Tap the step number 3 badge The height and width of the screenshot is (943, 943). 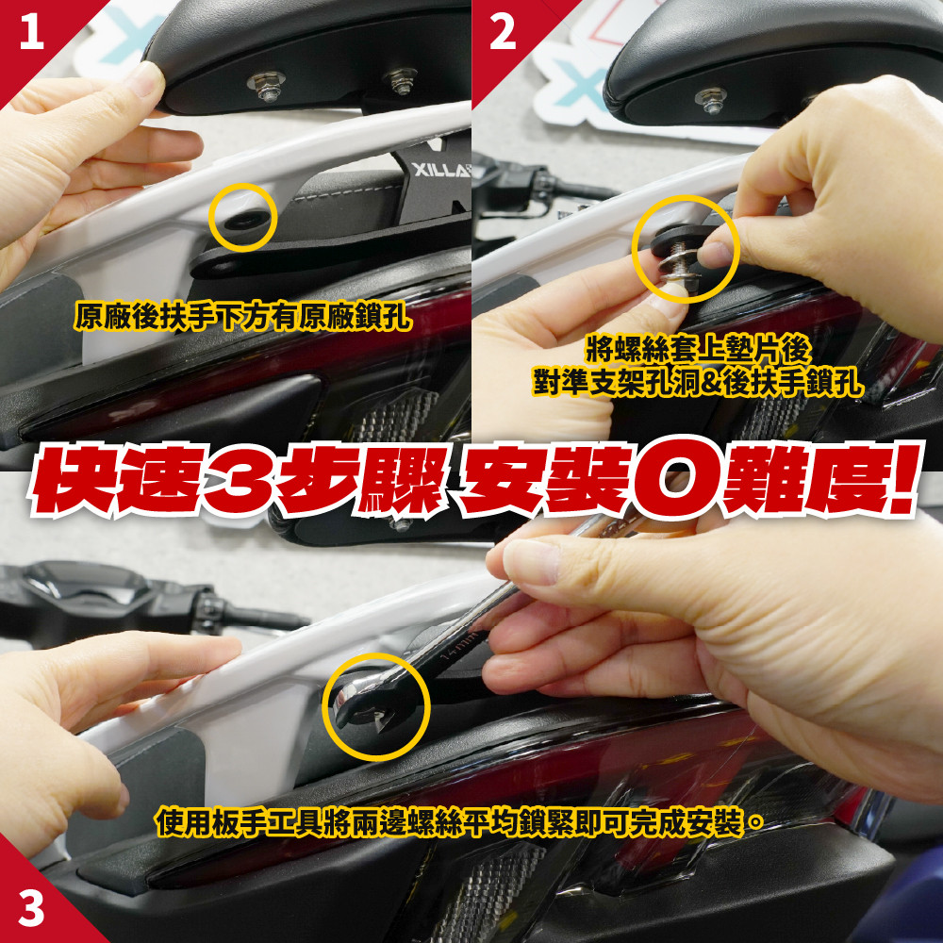[x=31, y=908]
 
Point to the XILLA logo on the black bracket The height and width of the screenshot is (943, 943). [x=440, y=171]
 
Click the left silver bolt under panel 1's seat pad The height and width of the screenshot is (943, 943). [x=267, y=85]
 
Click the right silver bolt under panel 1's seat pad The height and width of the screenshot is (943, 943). [x=401, y=80]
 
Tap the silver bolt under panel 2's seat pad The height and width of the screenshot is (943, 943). [x=711, y=99]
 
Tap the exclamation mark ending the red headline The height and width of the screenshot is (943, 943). [x=902, y=479]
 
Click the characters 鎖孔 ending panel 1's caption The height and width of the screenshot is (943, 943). [x=383, y=315]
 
